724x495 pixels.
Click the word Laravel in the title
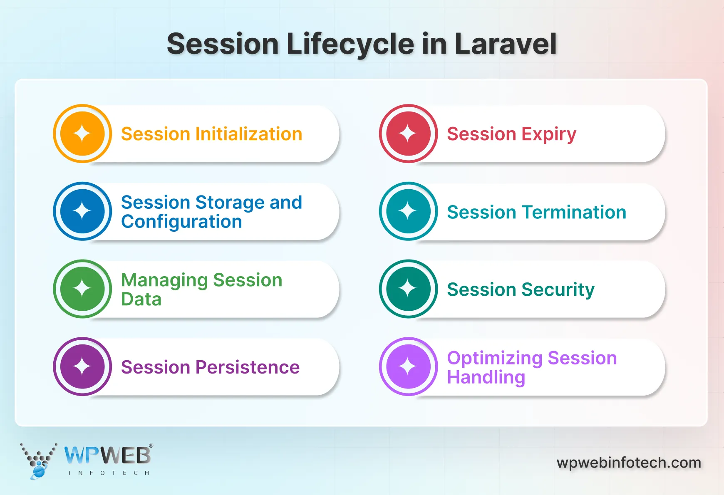[506, 44]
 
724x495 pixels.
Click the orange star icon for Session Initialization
[82, 134]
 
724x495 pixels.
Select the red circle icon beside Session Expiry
[408, 134]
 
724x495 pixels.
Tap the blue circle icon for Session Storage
[82, 211]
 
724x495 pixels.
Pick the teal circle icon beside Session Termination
[408, 211]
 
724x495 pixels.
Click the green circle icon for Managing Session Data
[82, 289]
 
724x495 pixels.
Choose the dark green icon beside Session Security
[408, 289]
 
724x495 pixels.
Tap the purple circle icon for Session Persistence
[82, 366]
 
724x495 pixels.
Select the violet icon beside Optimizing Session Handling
[408, 366]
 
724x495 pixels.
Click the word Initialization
[249, 134]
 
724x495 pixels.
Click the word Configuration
[181, 222]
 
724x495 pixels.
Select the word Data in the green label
[141, 299]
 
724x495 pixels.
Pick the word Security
[558, 290]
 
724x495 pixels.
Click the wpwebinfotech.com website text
[629, 463]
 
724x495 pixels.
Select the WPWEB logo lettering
[107, 456]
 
